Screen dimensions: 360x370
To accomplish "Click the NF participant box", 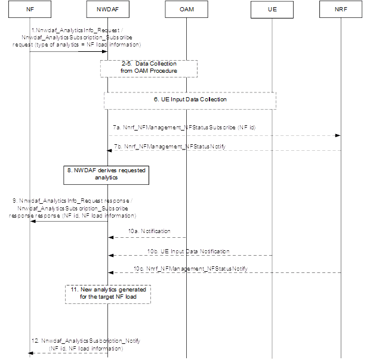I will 29,10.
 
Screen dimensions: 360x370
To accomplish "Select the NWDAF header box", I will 107,10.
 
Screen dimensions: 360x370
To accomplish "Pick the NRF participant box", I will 341,10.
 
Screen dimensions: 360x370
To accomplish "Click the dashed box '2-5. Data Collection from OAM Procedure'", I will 149,67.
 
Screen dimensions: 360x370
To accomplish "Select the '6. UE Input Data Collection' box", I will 190,100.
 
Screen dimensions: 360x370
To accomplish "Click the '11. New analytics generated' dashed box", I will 107,293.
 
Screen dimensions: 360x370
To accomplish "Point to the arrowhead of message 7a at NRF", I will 338,136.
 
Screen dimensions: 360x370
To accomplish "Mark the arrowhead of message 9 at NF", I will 33,221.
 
